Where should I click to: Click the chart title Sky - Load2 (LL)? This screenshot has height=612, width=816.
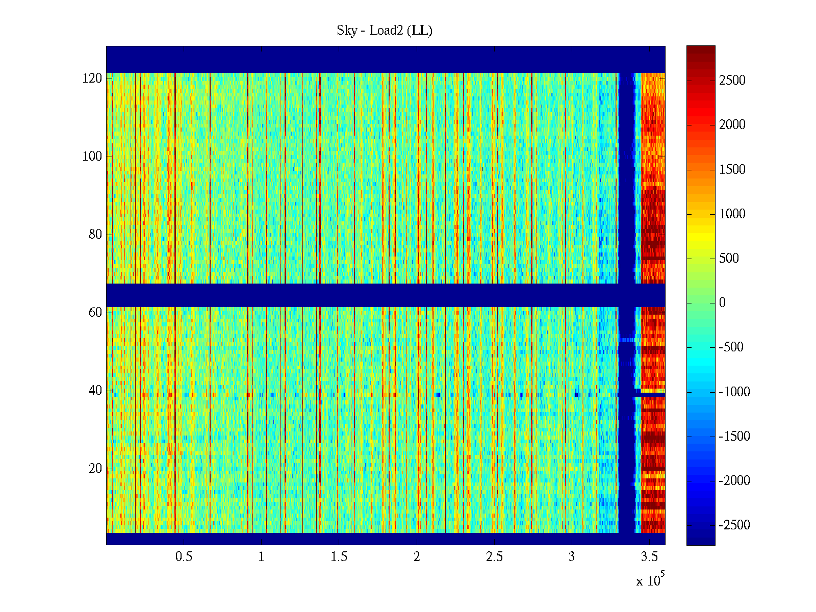tap(385, 31)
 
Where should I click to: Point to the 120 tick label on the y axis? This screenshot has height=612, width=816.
tap(92, 79)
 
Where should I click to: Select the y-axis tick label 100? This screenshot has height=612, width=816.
tap(92, 157)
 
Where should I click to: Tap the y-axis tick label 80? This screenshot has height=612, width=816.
tap(95, 235)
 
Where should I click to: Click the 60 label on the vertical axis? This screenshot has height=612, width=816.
tap(95, 313)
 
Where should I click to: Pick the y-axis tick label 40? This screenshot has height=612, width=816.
tap(95, 391)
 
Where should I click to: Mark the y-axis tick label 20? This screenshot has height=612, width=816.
tap(95, 469)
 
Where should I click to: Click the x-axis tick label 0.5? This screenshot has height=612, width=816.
tap(184, 557)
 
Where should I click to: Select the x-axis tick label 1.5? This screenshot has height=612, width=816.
tap(339, 557)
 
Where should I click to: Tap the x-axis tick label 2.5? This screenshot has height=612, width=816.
tap(494, 557)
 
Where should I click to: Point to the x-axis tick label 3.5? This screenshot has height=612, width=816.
tap(649, 557)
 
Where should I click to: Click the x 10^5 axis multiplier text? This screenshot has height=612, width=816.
tap(650, 580)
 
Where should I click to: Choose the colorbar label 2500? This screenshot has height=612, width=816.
tap(732, 81)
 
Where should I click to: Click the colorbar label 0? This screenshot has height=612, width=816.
tap(722, 303)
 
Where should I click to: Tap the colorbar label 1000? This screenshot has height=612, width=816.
tap(732, 214)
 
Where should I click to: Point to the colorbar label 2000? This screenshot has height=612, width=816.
tap(732, 125)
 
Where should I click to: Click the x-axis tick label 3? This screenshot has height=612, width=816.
tap(572, 557)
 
